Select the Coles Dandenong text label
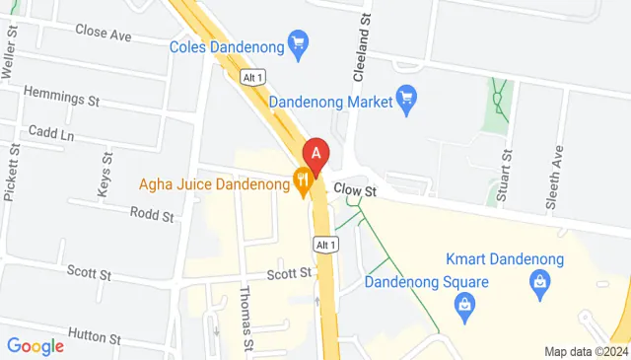226,44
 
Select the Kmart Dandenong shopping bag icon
540,285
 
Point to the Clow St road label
356,188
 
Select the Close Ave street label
103,33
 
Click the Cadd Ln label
51,131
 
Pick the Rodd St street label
152,214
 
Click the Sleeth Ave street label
557,178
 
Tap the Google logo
35,346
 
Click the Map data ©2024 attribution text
586,351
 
